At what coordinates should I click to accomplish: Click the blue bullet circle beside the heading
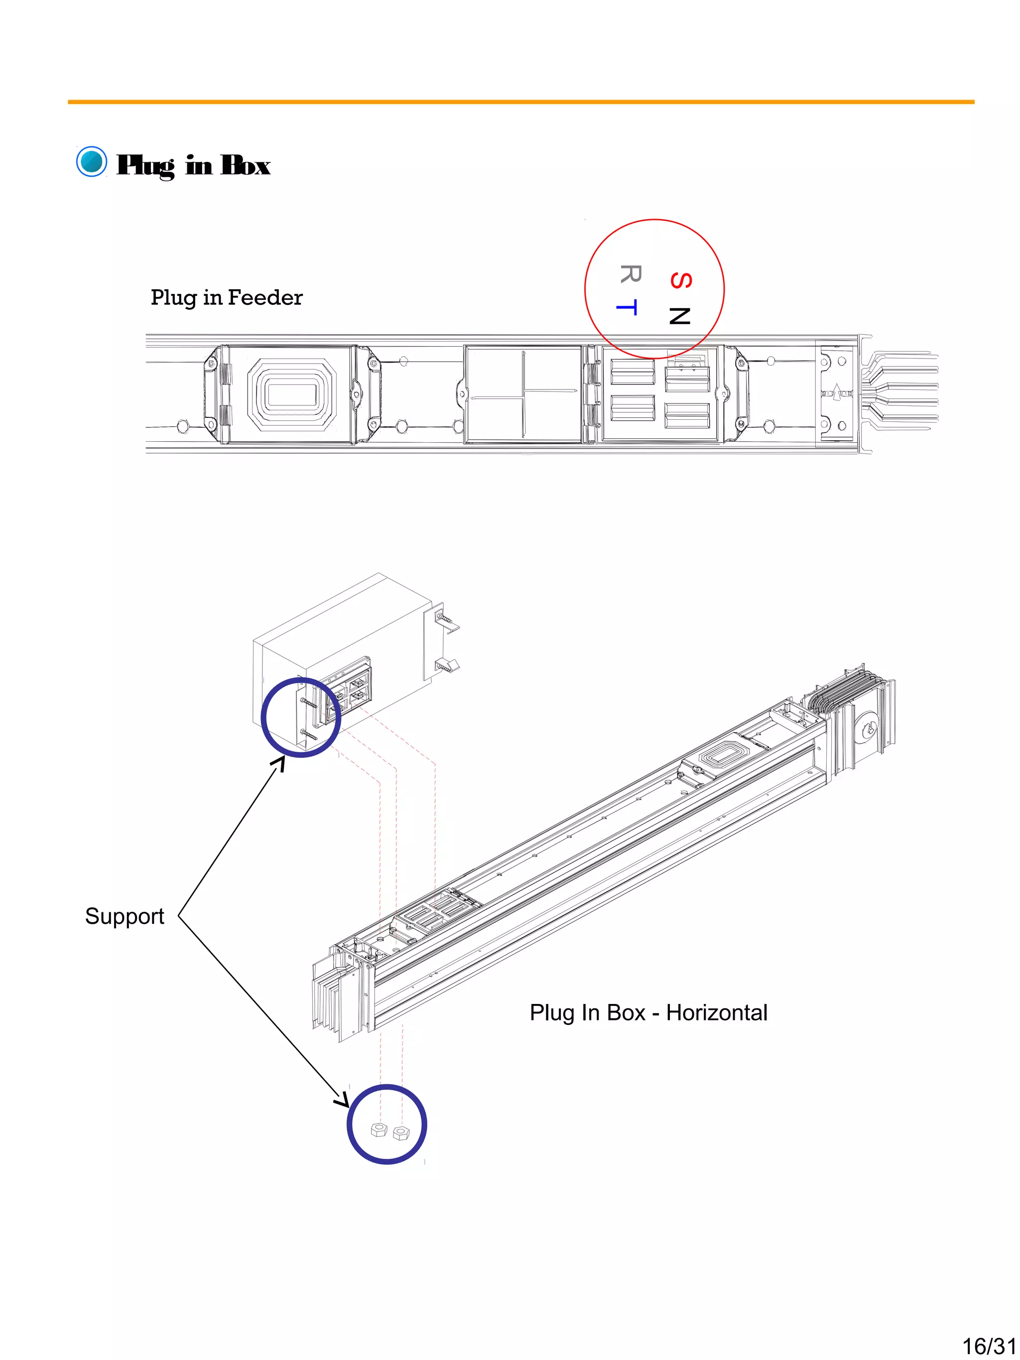point(92,162)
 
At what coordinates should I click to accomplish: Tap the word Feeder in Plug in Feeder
point(265,298)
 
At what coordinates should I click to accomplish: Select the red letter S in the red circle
point(681,280)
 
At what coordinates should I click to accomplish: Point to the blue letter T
point(627,306)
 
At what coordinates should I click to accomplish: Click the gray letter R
point(630,273)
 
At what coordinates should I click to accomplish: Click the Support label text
point(124,916)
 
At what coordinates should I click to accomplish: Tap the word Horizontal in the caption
point(716,1012)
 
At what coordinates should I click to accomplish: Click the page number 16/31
point(988,1346)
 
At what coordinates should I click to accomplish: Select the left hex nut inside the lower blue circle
point(378,1130)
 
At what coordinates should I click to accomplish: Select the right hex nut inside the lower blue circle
point(401,1132)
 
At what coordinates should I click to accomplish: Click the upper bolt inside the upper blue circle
point(309,702)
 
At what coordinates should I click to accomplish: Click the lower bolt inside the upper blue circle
point(309,734)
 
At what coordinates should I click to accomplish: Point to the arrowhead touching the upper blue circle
point(280,762)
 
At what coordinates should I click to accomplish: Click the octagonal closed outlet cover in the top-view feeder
point(291,393)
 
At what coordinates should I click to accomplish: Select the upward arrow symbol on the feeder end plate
point(836,391)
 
